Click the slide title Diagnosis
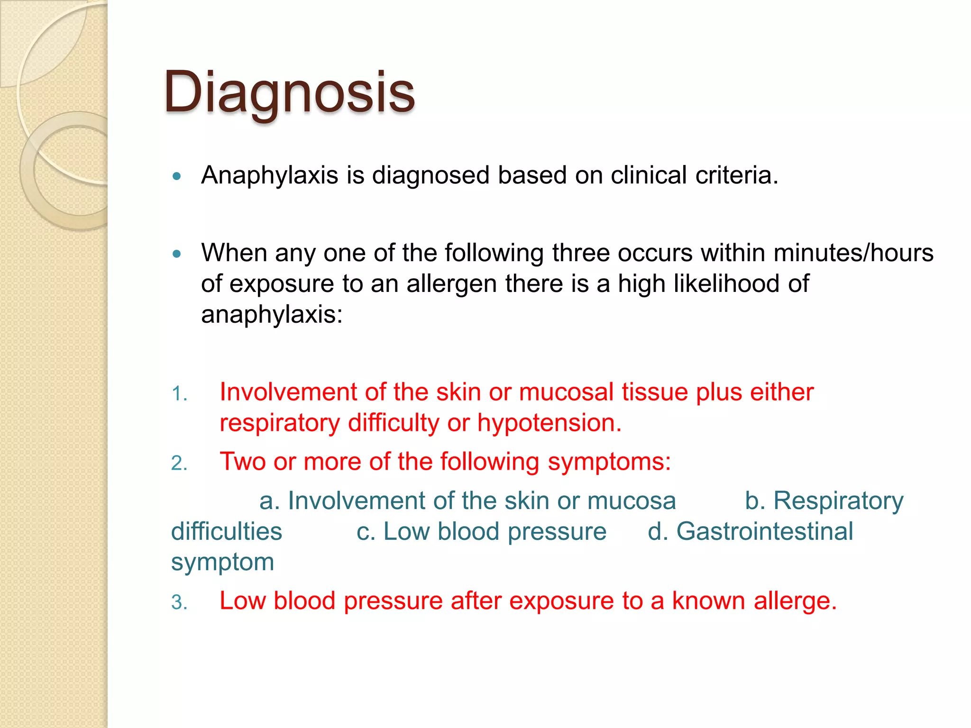click(289, 92)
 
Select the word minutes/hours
click(853, 253)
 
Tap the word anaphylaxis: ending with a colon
click(272, 314)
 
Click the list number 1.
click(179, 394)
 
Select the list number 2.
click(179, 463)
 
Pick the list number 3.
click(179, 602)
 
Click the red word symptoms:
click(609, 461)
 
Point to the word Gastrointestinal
click(764, 531)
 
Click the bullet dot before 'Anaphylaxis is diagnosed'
click(177, 176)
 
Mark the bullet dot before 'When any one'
click(177, 254)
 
